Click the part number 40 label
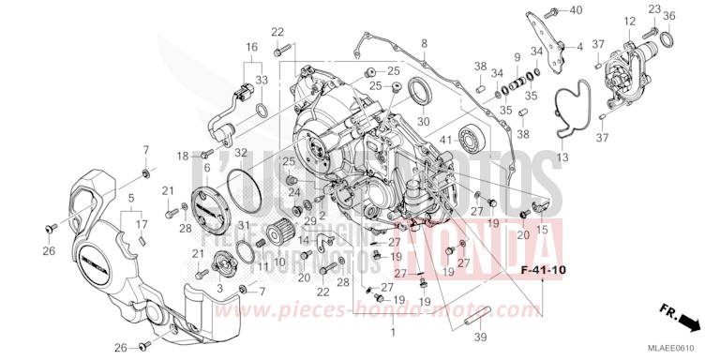[x=577, y=9]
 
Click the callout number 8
[x=424, y=43]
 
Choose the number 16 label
[x=251, y=46]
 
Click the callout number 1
[x=394, y=332]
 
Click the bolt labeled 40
[x=555, y=10]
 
